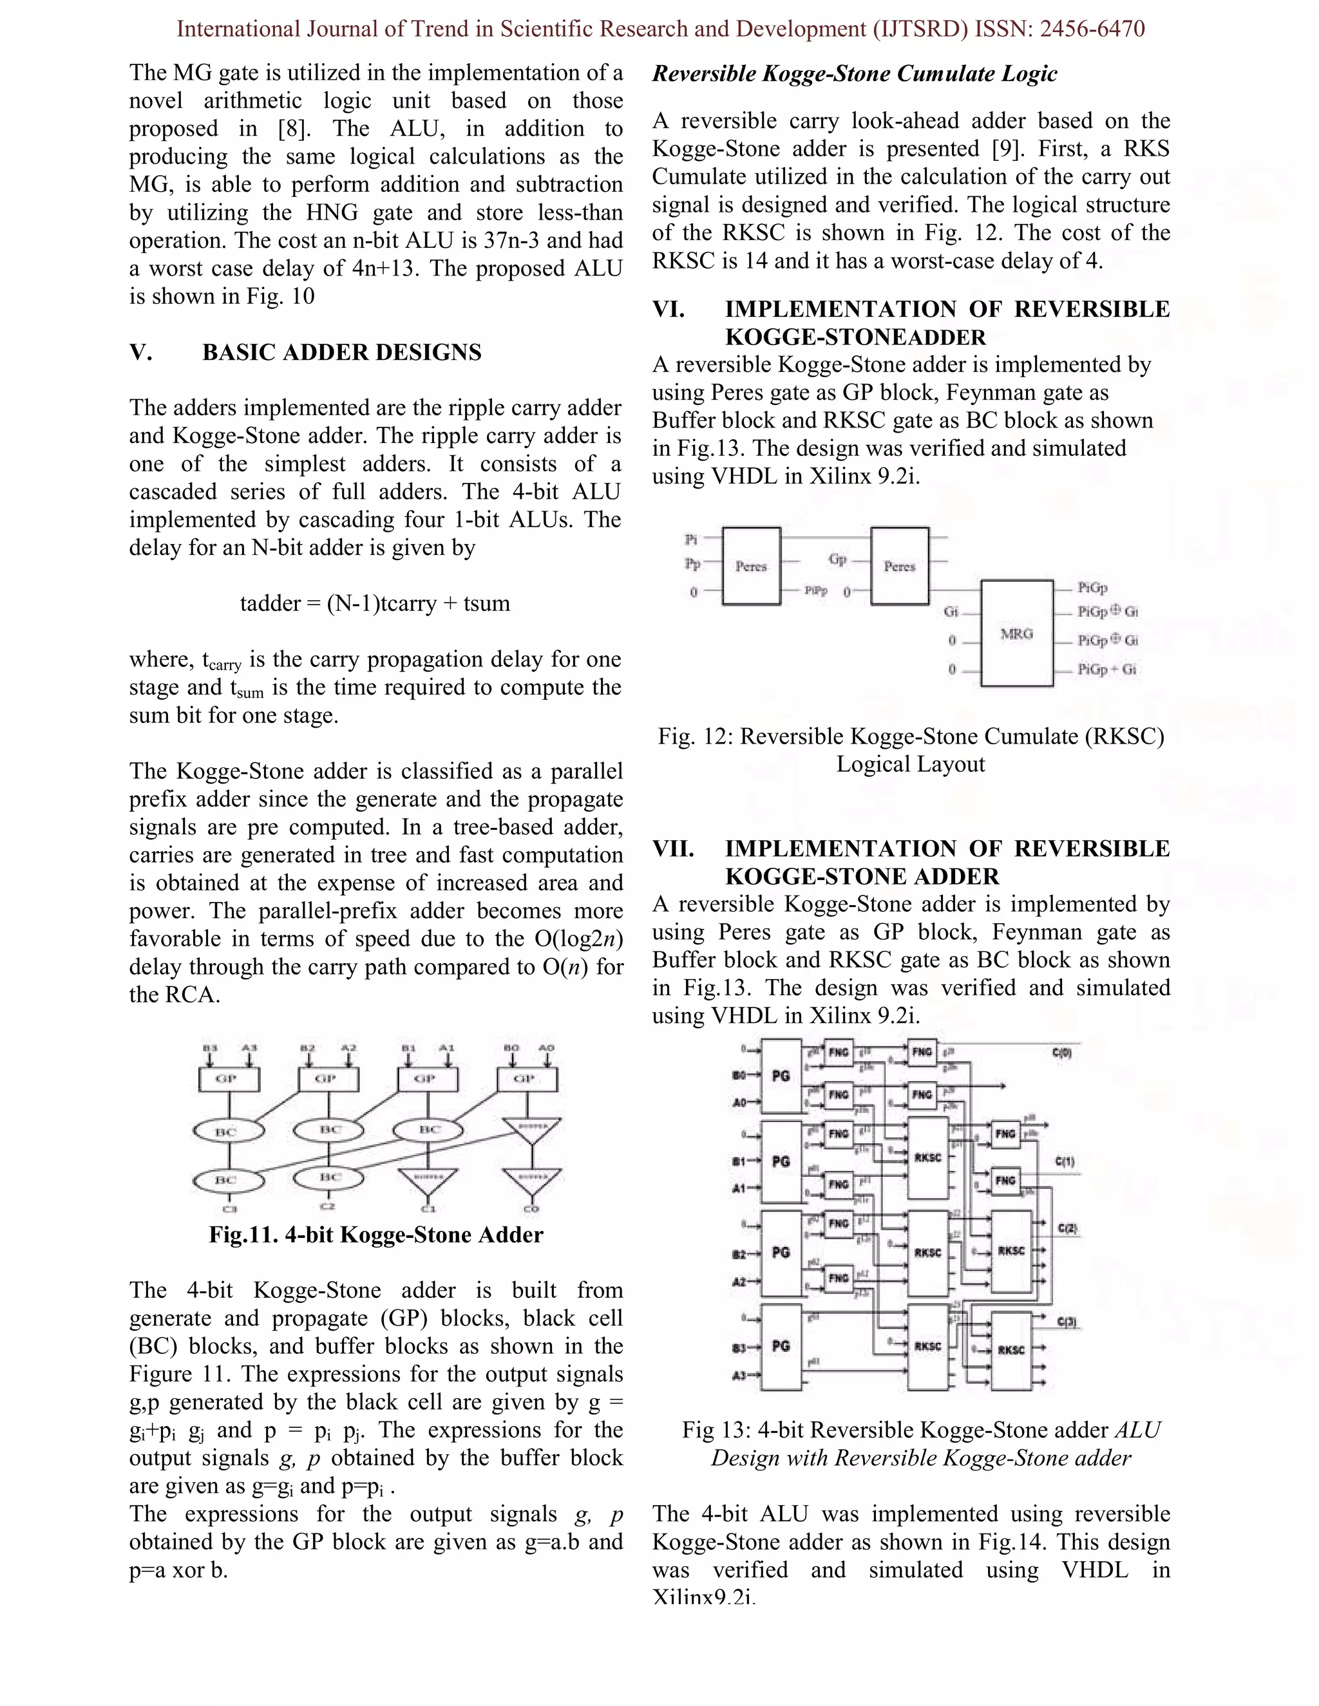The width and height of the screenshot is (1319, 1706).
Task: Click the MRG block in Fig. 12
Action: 1016,633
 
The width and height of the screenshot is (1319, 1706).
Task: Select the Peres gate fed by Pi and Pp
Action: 751,567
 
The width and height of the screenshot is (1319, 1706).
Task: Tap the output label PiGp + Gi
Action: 1106,670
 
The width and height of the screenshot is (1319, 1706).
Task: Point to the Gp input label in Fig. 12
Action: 838,559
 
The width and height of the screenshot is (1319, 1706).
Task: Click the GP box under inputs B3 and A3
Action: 228,1080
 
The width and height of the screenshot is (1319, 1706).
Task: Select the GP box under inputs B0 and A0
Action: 527,1080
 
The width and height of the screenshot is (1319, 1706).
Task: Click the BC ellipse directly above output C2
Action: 329,1177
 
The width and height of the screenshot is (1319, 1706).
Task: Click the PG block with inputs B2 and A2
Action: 781,1252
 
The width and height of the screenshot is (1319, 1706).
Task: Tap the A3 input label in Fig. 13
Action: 739,1376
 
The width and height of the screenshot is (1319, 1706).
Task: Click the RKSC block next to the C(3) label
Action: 1011,1350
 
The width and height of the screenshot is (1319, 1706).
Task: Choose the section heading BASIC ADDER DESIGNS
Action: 341,352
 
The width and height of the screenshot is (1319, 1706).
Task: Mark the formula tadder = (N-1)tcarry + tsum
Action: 375,603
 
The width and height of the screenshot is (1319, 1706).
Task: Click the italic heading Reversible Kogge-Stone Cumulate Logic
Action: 854,74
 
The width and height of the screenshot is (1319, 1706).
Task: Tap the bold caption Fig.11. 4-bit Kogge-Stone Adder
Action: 376,1235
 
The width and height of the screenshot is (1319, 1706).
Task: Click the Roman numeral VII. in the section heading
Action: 673,849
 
